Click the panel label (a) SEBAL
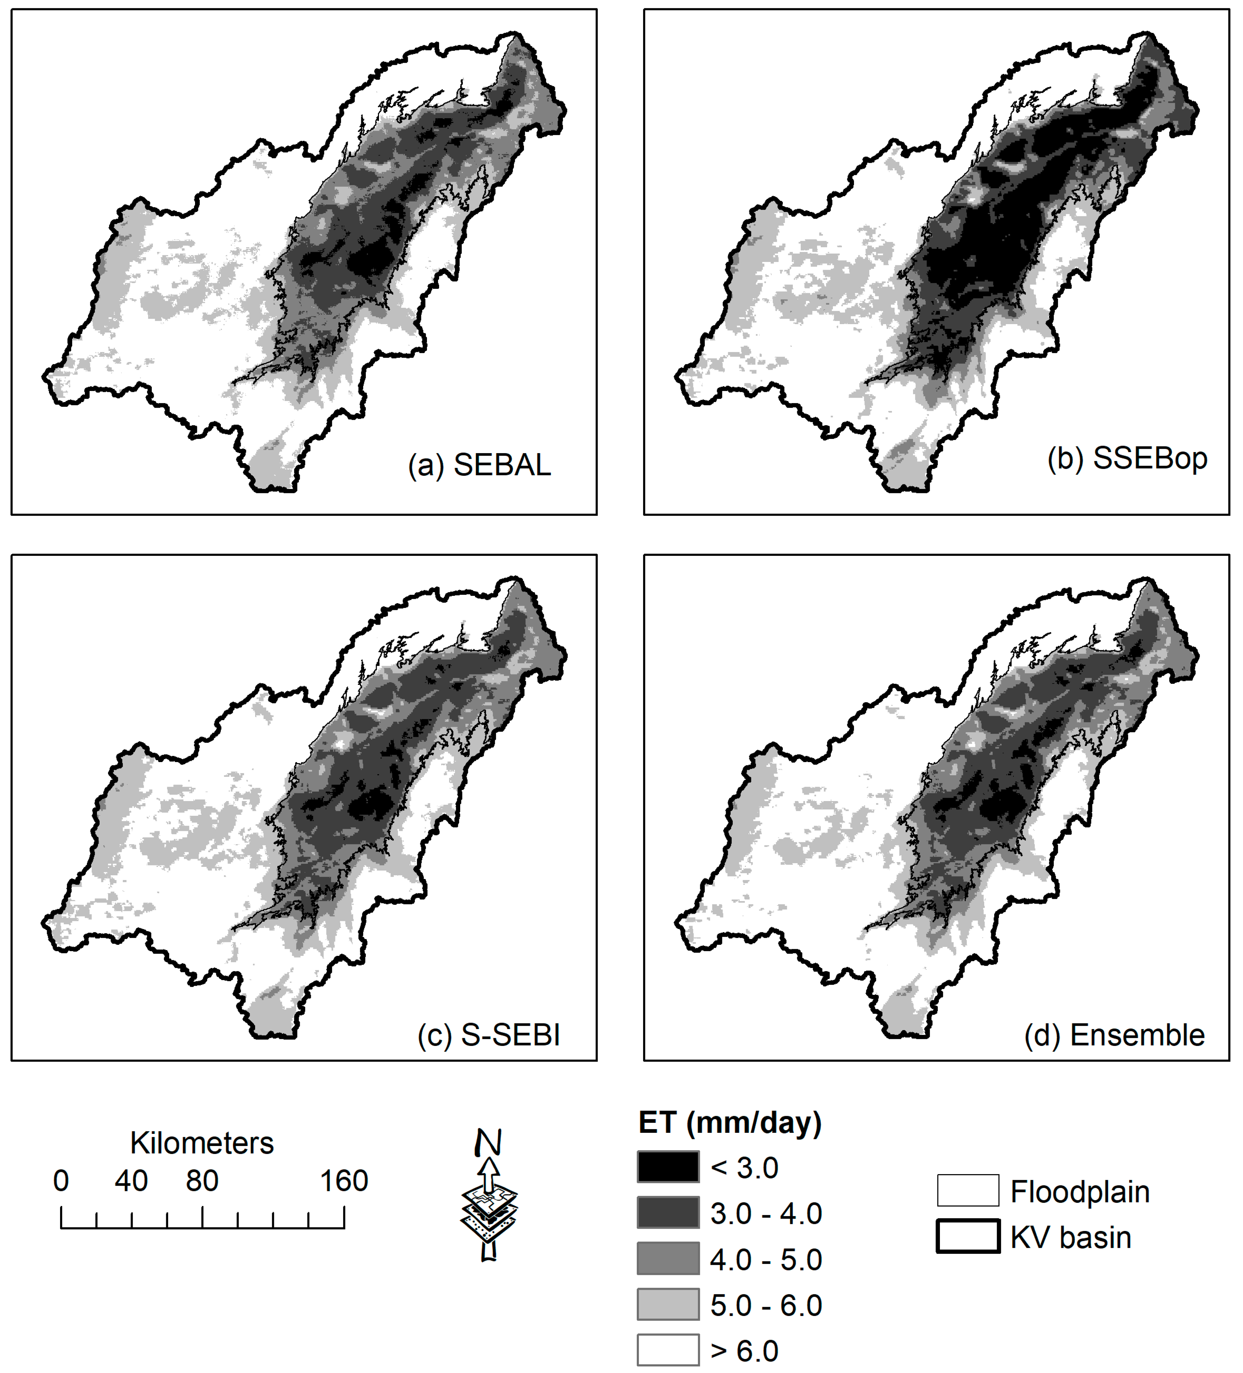pyautogui.click(x=479, y=465)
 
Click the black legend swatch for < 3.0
pyautogui.click(x=668, y=1167)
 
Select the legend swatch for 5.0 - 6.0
pyautogui.click(x=668, y=1304)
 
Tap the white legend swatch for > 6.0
pyautogui.click(x=668, y=1350)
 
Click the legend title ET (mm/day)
pyautogui.click(x=730, y=1122)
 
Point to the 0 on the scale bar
pyautogui.click(x=61, y=1181)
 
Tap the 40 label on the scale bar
pyautogui.click(x=131, y=1181)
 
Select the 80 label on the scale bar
pyautogui.click(x=202, y=1181)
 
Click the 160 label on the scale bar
pyautogui.click(x=344, y=1181)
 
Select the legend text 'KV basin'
pyautogui.click(x=1070, y=1237)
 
